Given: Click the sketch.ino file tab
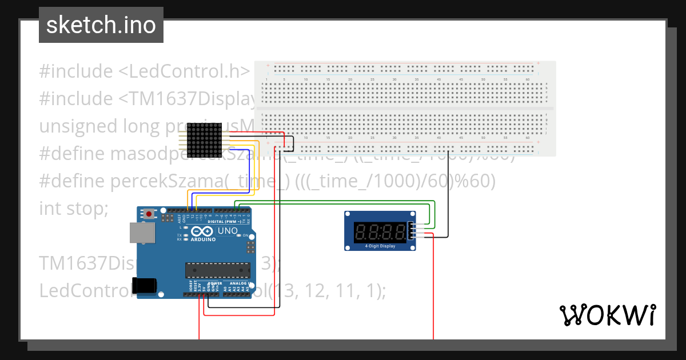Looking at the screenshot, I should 101,25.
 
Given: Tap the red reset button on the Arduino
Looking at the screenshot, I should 149,214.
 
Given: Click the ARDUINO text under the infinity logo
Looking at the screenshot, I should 204,239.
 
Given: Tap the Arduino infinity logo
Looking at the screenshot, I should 203,231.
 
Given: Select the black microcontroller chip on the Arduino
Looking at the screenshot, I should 217,270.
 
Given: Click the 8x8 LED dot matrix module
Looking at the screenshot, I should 204,140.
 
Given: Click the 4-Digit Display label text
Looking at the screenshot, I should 380,246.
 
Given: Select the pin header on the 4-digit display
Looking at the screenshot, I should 410,231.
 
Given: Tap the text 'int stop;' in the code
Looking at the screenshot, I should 73,209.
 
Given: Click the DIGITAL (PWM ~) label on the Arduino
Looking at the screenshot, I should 225,221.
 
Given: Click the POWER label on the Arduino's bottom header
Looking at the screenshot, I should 215,283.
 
